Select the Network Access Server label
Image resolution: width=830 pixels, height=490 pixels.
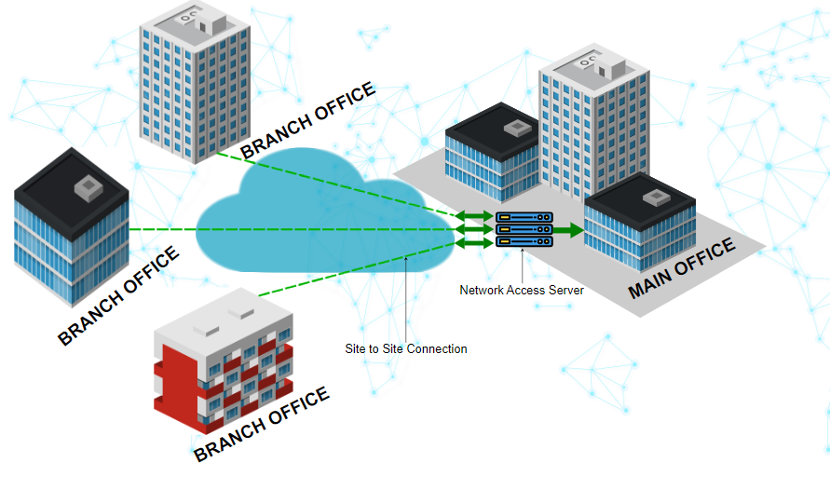tap(522, 290)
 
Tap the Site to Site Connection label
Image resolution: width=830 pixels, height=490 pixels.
tap(406, 348)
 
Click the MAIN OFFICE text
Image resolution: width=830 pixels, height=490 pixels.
tap(682, 268)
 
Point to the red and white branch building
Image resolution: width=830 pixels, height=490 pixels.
tap(224, 359)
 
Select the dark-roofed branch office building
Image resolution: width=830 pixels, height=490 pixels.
tap(71, 228)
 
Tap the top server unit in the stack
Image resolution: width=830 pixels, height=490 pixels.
tap(524, 218)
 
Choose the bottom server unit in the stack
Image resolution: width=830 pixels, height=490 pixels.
tap(524, 242)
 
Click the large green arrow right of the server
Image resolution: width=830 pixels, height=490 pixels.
tap(569, 230)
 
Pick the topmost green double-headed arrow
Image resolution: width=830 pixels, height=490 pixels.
tap(474, 217)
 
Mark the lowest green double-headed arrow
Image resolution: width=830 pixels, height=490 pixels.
tap(474, 243)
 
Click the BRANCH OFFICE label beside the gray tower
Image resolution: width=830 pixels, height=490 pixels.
tap(307, 120)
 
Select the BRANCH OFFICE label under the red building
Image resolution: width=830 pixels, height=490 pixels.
tap(262, 425)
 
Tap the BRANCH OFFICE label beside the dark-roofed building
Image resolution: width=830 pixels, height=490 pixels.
tap(118, 295)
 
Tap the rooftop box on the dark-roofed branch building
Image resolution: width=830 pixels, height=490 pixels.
tap(88, 187)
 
